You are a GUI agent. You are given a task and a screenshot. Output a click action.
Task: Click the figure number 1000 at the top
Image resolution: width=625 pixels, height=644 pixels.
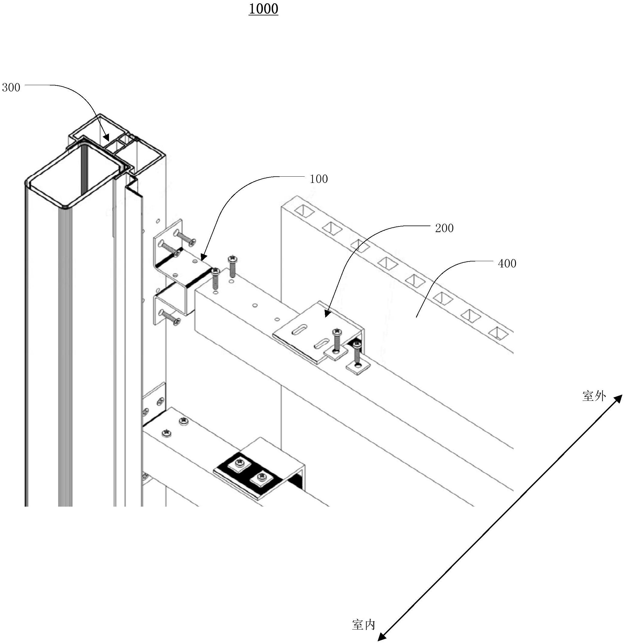263,9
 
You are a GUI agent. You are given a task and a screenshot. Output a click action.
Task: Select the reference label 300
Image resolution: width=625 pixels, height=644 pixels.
11,87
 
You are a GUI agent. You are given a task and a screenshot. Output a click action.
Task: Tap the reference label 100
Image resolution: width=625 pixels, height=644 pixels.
319,179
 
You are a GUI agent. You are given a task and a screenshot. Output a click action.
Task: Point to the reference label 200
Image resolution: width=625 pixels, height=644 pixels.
444,228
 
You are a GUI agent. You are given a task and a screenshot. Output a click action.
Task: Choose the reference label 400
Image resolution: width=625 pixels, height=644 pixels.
507,264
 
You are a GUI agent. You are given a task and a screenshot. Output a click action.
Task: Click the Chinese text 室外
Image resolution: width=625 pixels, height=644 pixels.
594,396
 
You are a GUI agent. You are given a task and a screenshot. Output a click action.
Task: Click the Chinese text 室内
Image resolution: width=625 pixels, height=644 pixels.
363,625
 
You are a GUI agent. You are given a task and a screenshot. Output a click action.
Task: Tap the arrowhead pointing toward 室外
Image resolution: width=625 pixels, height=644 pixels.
617,399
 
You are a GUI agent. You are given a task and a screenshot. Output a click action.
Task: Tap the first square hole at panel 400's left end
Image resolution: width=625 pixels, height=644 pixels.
304,211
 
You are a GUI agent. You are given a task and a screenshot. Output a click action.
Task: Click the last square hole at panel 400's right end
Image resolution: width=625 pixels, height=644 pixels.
499,334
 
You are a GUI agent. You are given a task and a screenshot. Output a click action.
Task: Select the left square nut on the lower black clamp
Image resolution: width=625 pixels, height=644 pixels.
239,463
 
